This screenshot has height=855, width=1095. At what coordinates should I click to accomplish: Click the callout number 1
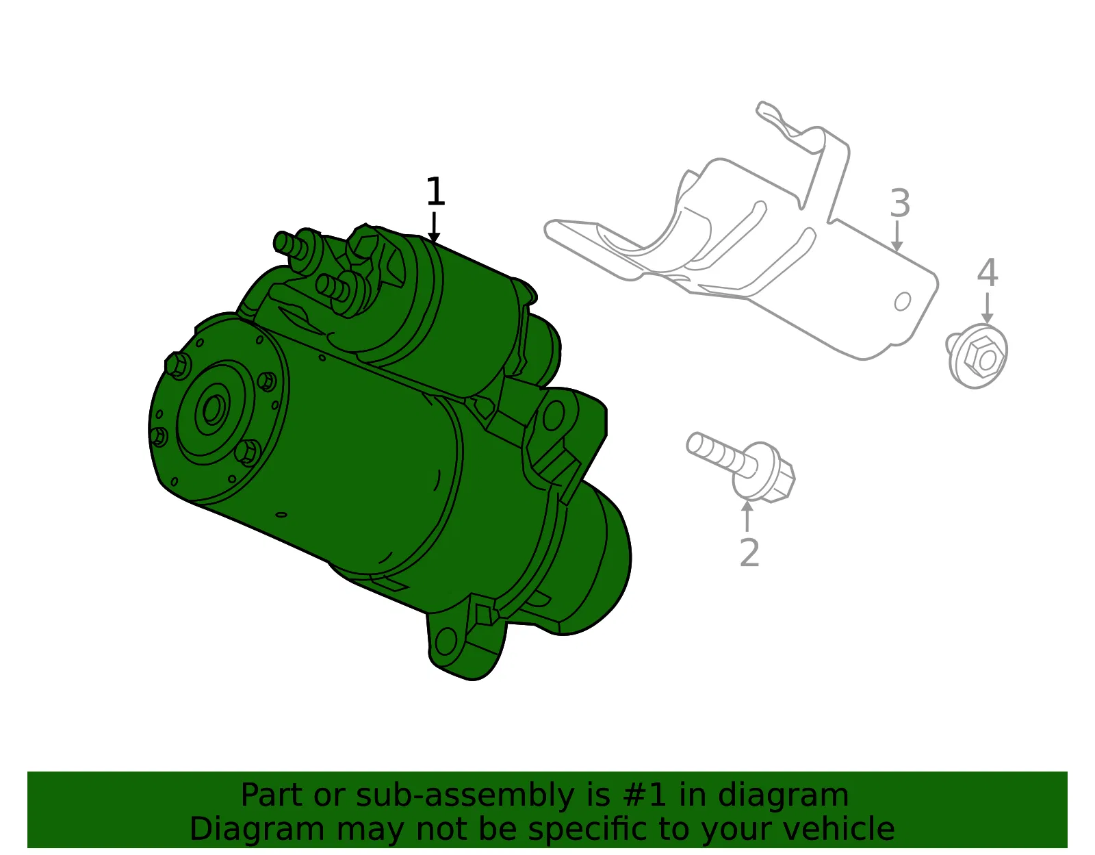point(435,191)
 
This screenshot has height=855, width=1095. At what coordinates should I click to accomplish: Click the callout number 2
point(749,552)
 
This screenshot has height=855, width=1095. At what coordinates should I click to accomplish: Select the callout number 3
point(900,203)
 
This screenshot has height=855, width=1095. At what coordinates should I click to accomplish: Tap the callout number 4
point(987,272)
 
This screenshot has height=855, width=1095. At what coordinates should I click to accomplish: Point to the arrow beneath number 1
point(434,227)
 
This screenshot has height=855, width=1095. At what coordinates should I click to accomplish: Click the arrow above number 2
point(747,515)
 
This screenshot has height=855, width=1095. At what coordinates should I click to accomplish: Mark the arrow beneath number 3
point(897,236)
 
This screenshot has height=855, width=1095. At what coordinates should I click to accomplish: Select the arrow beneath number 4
point(987,308)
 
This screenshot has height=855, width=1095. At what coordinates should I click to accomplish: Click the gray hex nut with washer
point(976,357)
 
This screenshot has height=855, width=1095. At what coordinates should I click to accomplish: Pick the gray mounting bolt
point(740,467)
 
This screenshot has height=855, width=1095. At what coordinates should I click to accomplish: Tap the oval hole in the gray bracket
point(902,301)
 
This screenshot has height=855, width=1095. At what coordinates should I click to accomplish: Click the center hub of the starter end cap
point(213,409)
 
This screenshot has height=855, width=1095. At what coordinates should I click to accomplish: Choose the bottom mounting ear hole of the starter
point(446,643)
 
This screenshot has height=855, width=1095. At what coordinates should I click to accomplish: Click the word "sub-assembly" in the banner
point(465,795)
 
